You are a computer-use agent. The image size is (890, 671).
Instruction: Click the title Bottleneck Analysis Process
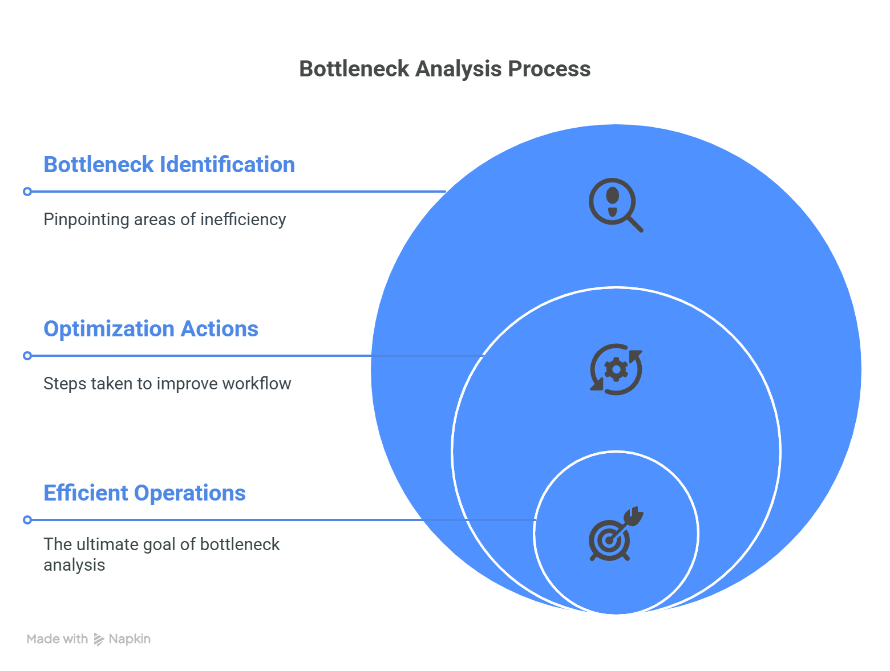click(444, 68)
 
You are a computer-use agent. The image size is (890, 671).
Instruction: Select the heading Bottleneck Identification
click(169, 164)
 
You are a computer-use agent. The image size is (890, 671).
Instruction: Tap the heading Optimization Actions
click(151, 328)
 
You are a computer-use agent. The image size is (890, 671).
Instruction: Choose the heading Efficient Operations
click(144, 493)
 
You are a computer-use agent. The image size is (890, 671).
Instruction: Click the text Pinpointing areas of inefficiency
click(165, 219)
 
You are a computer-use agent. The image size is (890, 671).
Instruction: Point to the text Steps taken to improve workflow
click(167, 383)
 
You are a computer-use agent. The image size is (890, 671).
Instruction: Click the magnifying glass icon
click(616, 205)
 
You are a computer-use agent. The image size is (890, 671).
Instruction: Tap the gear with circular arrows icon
click(616, 369)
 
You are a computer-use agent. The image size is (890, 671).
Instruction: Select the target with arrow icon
click(616, 534)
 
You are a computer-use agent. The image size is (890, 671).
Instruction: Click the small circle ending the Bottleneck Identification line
click(27, 191)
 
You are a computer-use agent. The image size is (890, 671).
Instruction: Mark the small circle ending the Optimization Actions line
click(27, 356)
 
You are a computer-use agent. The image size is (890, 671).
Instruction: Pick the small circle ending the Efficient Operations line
click(27, 520)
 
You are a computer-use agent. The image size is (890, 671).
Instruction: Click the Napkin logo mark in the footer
click(99, 639)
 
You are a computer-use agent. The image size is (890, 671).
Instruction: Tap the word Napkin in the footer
click(130, 639)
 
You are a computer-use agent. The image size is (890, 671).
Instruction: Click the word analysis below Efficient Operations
click(74, 565)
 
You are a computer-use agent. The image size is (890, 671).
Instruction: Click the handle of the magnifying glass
click(635, 224)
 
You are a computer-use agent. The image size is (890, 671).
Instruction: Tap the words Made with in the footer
click(57, 639)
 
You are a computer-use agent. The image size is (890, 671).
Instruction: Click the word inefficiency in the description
click(243, 219)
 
